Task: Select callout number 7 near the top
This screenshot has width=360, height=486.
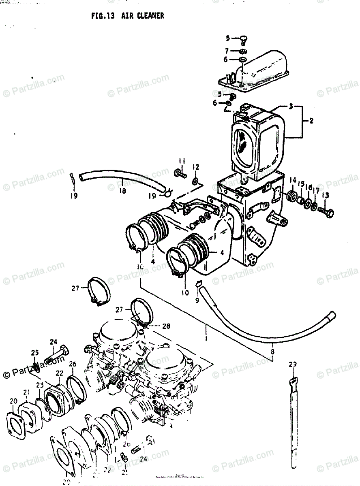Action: pos(227,51)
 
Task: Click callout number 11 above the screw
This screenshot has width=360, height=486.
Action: pos(182,162)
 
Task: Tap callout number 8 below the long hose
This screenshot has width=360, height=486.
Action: pos(272,352)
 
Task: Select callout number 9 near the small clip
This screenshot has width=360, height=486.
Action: pos(197,300)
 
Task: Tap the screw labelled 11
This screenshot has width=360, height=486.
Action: pos(180,175)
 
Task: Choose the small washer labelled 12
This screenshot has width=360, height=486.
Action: pos(195,179)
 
